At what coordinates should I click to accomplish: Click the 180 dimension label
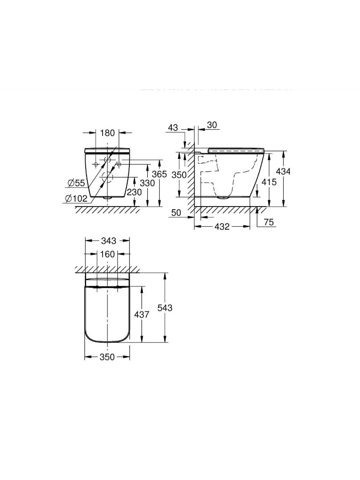pyautogui.click(x=108, y=133)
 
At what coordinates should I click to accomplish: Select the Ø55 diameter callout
pyautogui.click(x=75, y=183)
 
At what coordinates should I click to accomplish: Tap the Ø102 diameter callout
pyautogui.click(x=76, y=199)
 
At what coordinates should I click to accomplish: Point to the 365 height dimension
pyautogui.click(x=160, y=174)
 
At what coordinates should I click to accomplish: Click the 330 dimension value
pyautogui.click(x=148, y=183)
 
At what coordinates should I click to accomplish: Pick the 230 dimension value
pyautogui.click(x=135, y=192)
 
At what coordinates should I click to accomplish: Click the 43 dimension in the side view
pyautogui.click(x=173, y=128)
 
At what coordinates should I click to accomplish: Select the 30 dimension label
pyautogui.click(x=212, y=125)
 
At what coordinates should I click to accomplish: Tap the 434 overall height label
pyautogui.click(x=283, y=171)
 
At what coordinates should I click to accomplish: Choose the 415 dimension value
pyautogui.click(x=269, y=182)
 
